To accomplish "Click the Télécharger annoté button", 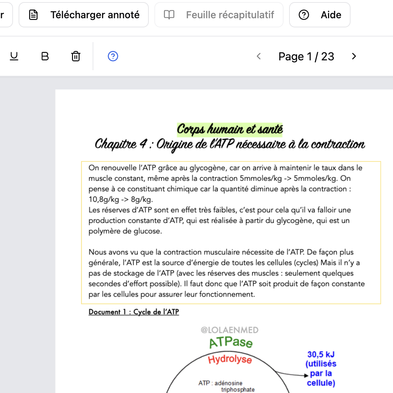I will pos(84,15).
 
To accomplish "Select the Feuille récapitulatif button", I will pos(219,15).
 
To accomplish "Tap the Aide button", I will pos(320,15).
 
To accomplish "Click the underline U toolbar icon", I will pos(14,56).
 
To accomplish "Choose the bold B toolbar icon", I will pos(45,56).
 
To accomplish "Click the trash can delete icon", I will pos(76,56).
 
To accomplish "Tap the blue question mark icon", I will pos(113,56).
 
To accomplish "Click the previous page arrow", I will pos(259,56).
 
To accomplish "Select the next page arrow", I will pos(354,56).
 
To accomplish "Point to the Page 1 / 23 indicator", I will pos(306,56).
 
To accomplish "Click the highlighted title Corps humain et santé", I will pos(230,129).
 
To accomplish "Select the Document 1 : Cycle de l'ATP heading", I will pos(134,312).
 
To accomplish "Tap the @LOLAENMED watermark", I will pos(229,330).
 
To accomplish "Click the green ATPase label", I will pos(231,342).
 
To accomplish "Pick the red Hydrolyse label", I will pos(230,360).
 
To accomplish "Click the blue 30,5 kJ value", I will pos(321,354).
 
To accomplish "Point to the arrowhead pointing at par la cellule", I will pos(306,375).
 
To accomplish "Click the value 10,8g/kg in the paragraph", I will pos(104,200).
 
